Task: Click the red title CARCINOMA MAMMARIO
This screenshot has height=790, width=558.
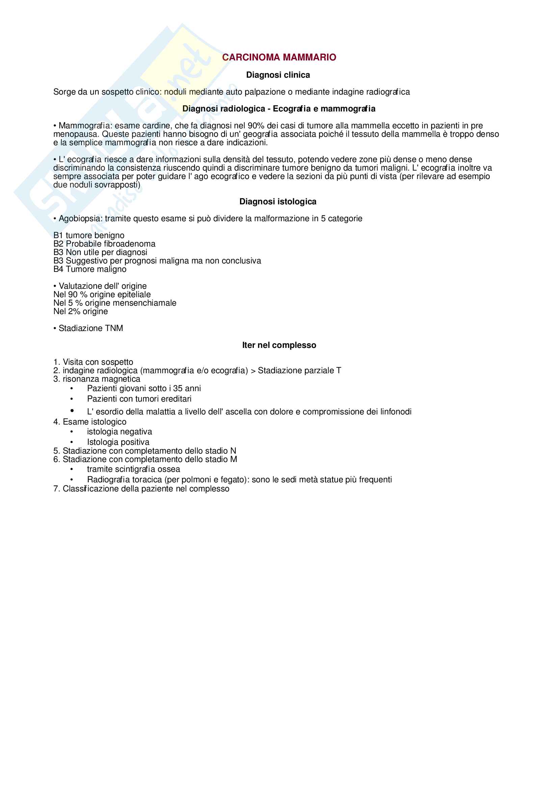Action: [279, 57]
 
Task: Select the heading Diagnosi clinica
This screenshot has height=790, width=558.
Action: [278, 75]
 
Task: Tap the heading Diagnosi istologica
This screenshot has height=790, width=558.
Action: [278, 202]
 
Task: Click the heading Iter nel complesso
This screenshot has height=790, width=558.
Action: [279, 345]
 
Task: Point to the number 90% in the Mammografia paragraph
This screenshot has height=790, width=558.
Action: [256, 126]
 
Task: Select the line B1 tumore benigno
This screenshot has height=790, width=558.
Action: [89, 235]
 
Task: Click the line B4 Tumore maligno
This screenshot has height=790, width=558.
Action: [90, 269]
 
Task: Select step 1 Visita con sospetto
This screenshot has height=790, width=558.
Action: [93, 362]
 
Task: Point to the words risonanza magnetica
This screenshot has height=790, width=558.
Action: [101, 379]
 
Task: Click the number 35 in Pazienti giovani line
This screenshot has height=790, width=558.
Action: [178, 388]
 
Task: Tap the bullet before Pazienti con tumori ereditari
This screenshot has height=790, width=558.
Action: [72, 399]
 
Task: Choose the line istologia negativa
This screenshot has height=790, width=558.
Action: [119, 432]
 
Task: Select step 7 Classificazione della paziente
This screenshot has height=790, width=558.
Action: [141, 489]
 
